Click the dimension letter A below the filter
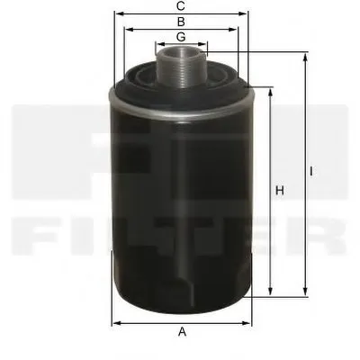(x=182, y=332)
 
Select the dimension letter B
(x=181, y=21)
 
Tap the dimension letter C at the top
(x=182, y=5)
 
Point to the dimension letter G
(x=181, y=36)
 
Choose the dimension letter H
(x=279, y=190)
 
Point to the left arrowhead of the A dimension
(x=114, y=321)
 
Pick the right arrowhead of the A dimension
(x=249, y=321)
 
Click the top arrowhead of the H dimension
(x=270, y=91)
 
